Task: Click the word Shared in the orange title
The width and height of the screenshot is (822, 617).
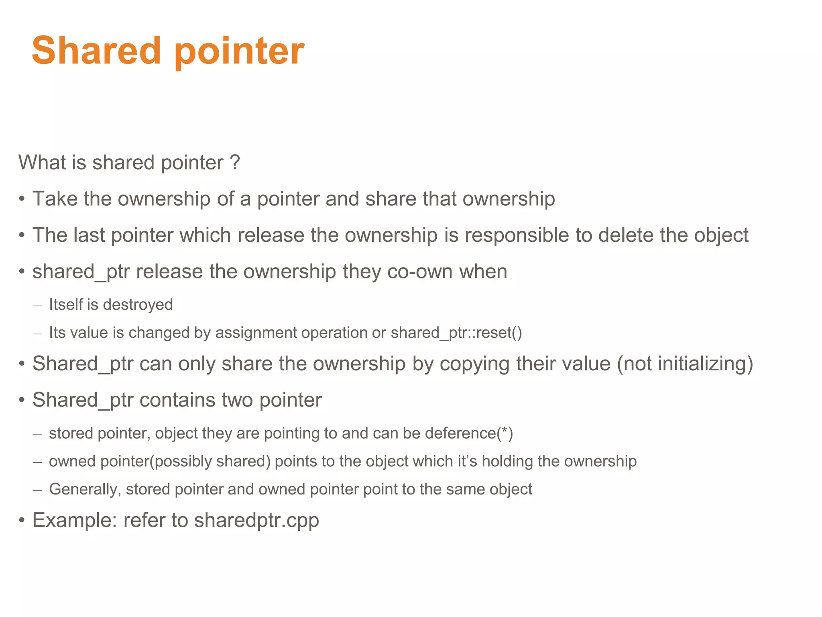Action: coord(96,51)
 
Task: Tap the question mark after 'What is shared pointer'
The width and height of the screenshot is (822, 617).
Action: coord(235,163)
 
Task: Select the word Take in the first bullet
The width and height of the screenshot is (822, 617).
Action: coord(54,199)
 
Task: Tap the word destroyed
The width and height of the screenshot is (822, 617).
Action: coord(138,305)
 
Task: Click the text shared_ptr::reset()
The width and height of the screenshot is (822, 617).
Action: coord(456,333)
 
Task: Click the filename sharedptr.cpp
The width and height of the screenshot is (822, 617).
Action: coord(256,521)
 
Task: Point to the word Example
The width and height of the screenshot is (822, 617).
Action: coord(75,521)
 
